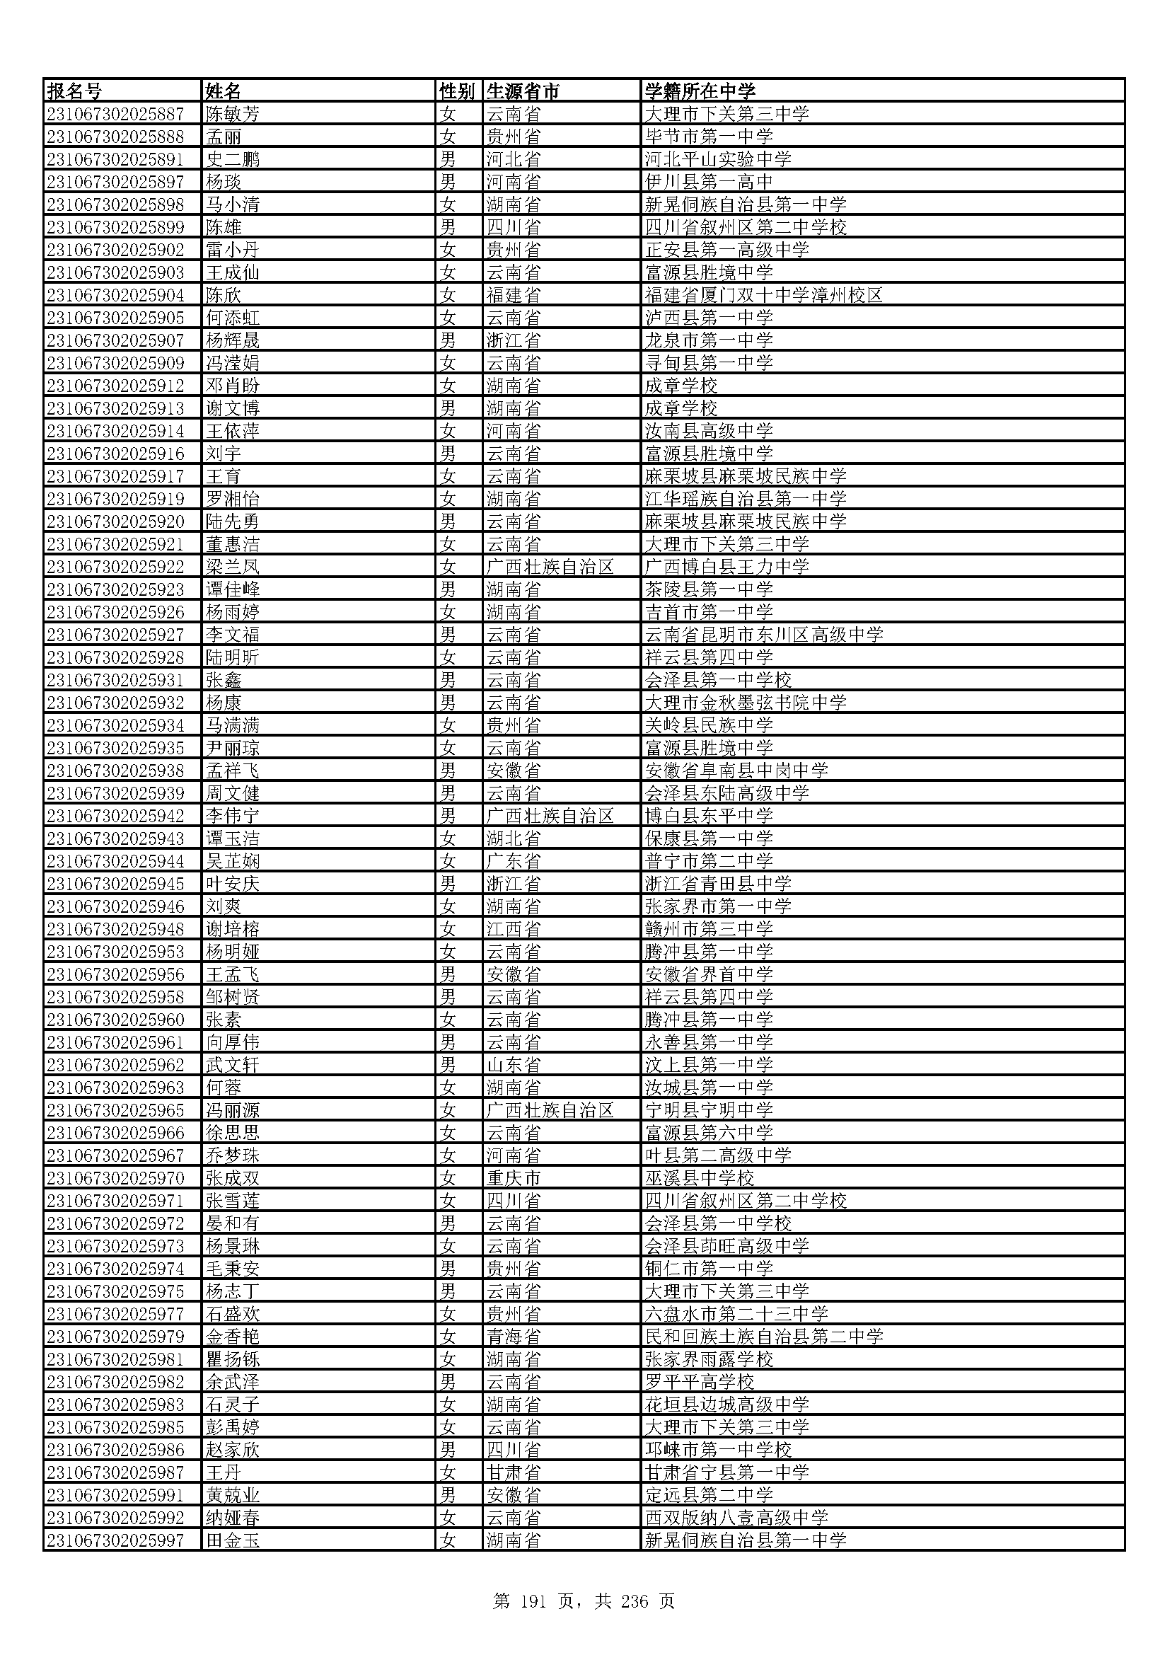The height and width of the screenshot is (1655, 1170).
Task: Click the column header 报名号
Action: tap(74, 91)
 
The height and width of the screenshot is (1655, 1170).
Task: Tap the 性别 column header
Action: tap(458, 91)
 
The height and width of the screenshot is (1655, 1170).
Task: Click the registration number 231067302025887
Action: tap(115, 114)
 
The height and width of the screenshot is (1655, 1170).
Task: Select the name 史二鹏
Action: tap(233, 159)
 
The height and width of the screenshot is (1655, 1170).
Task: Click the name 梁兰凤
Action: tap(233, 567)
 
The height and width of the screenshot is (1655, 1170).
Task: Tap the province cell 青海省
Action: tap(513, 1337)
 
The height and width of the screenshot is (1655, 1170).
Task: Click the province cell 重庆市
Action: tap(513, 1178)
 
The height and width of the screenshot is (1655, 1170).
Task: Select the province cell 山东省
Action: tap(513, 1065)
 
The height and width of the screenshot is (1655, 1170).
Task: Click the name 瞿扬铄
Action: tap(233, 1359)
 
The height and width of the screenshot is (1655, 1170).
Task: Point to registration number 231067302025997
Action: tap(115, 1540)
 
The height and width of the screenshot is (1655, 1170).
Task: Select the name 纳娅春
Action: tap(233, 1517)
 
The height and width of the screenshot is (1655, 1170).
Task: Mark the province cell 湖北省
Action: tap(513, 838)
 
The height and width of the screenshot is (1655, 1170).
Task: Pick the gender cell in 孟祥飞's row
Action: tap(448, 771)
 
